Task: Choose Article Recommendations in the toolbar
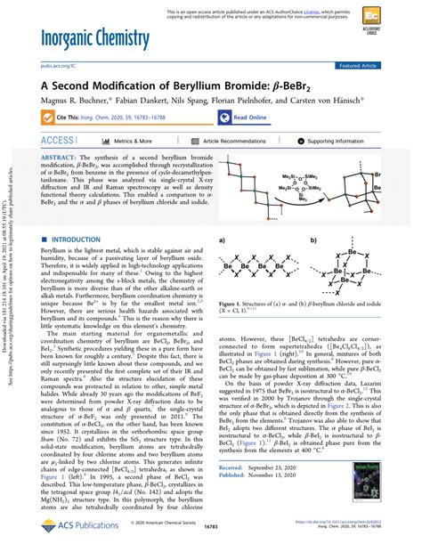[x=235, y=142]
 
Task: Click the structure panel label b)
[x=313, y=240]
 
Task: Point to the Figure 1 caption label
[x=232, y=353]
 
